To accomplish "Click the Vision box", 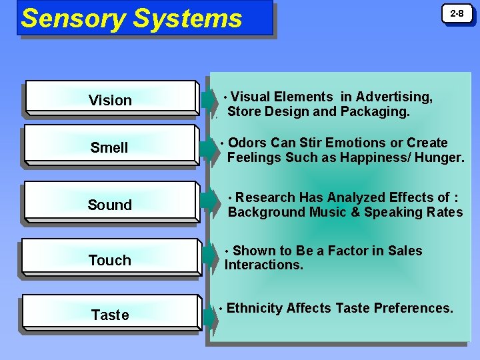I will tap(110, 100).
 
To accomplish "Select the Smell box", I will tap(110, 147).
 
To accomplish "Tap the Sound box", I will tap(110, 205).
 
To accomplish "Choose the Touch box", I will tap(110, 260).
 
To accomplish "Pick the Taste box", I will tap(110, 315).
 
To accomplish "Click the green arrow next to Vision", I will tap(210, 100).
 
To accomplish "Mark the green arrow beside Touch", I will tap(210, 260).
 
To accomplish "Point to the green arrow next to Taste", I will tap(210, 315).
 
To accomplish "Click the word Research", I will tap(266, 197).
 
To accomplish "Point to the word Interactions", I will tap(264, 265).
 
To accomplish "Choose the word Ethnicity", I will tap(255, 308).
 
